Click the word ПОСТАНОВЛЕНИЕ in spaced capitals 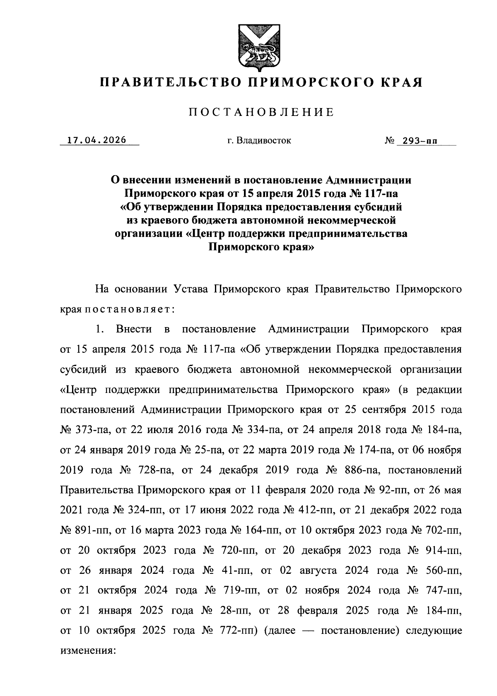click(261, 113)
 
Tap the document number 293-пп click(419, 141)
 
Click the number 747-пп click(443, 590)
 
